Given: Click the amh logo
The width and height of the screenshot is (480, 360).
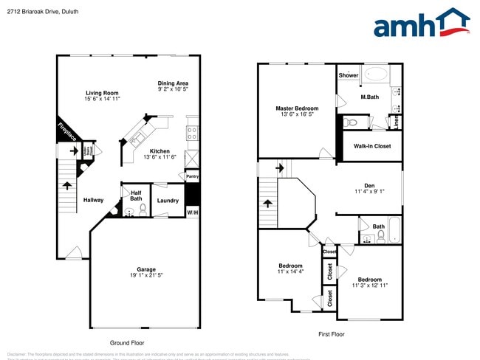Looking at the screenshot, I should tap(422, 23).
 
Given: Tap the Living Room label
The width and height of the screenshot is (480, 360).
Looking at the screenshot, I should tap(102, 92).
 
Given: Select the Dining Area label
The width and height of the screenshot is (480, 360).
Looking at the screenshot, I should tap(173, 83).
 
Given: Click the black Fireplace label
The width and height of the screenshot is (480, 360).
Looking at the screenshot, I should tap(67, 133).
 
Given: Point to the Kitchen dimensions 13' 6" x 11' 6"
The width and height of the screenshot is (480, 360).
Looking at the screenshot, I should tap(160, 157).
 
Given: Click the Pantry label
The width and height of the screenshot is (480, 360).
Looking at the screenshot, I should tap(192, 176).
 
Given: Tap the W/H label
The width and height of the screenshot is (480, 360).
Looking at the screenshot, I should tap(192, 213).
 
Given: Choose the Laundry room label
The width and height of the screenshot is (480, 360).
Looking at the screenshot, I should tap(168, 200).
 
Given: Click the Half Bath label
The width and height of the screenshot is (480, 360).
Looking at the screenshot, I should tap(136, 195).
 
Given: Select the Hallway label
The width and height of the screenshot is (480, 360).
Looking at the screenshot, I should tap(93, 200).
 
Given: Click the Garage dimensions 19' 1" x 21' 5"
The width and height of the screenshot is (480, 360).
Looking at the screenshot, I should tap(145, 275).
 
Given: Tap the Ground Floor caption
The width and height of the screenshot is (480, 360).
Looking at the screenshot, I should tap(126, 343).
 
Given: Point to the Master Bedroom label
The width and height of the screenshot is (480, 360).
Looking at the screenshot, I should tap(297, 108).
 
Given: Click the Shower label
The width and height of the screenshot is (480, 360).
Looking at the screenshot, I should tap(349, 75).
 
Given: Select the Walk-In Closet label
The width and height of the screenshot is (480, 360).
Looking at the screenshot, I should tap(372, 146).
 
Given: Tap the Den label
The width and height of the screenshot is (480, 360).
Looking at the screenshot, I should tap(369, 185).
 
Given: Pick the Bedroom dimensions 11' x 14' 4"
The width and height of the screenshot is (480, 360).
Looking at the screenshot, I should tap(290, 271).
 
